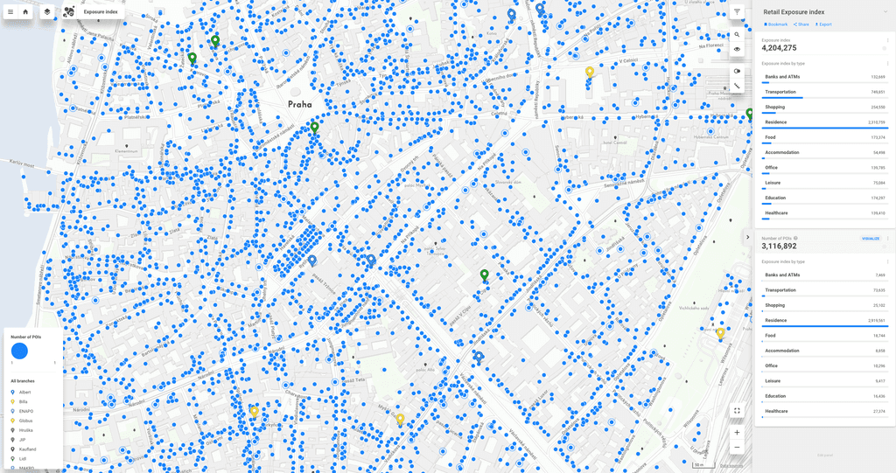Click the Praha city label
pyautogui.click(x=299, y=104)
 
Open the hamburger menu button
pyautogui.click(x=10, y=12)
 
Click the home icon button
pyautogui.click(x=25, y=12)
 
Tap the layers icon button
pyautogui.click(x=47, y=12)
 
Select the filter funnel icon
pyautogui.click(x=737, y=12)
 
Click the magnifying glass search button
pyautogui.click(x=737, y=35)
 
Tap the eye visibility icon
pyautogui.click(x=737, y=49)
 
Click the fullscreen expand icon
pyautogui.click(x=737, y=410)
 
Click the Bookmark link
pyautogui.click(x=776, y=24)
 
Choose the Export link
pyautogui.click(x=823, y=24)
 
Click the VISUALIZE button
pyautogui.click(x=871, y=238)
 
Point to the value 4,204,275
pyautogui.click(x=779, y=48)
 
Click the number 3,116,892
pyautogui.click(x=779, y=247)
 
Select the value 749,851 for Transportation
pyautogui.click(x=877, y=92)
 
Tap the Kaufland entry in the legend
pyautogui.click(x=27, y=449)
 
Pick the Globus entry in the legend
pyautogui.click(x=25, y=421)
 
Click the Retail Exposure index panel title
pyautogui.click(x=794, y=12)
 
